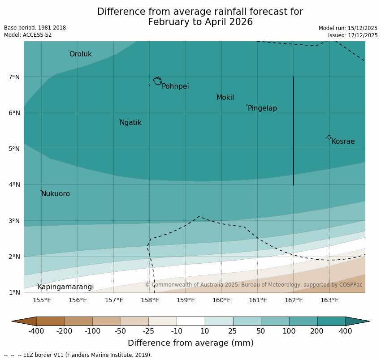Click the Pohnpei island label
click(x=175, y=86)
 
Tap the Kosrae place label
click(x=343, y=141)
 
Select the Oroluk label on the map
click(x=80, y=54)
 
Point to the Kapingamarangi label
click(x=65, y=287)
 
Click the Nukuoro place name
click(x=56, y=194)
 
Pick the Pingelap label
click(x=262, y=108)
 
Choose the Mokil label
click(x=225, y=98)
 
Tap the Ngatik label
click(x=130, y=123)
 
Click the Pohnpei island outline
click(x=157, y=81)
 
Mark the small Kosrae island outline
click(x=329, y=137)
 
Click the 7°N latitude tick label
click(x=14, y=77)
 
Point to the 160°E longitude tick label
click(x=221, y=300)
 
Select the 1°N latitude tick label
click(x=14, y=292)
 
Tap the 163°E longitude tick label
click(x=329, y=300)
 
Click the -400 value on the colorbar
click(x=36, y=331)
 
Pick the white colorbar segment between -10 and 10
click(x=190, y=321)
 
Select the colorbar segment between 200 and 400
click(x=331, y=321)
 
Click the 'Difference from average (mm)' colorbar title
click(x=190, y=343)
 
